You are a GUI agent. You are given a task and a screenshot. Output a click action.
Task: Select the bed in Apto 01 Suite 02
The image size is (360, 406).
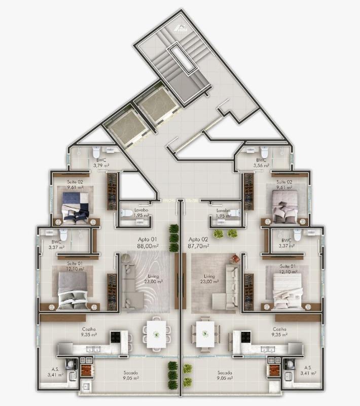(75, 205)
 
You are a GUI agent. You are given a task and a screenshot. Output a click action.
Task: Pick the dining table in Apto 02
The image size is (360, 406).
(205, 333)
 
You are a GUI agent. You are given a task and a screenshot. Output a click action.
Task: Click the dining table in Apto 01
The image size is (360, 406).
(155, 333)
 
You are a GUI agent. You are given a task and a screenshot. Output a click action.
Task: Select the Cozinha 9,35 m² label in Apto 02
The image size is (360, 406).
(280, 332)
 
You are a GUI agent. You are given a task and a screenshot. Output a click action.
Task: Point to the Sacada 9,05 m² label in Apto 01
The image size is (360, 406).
(130, 375)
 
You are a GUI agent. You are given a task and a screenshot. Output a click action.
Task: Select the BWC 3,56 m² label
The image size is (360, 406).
(261, 162)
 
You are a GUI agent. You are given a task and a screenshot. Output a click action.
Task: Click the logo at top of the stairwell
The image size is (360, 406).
(181, 29)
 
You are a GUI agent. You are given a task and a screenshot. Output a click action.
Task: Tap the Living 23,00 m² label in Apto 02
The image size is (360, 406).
(209, 279)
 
